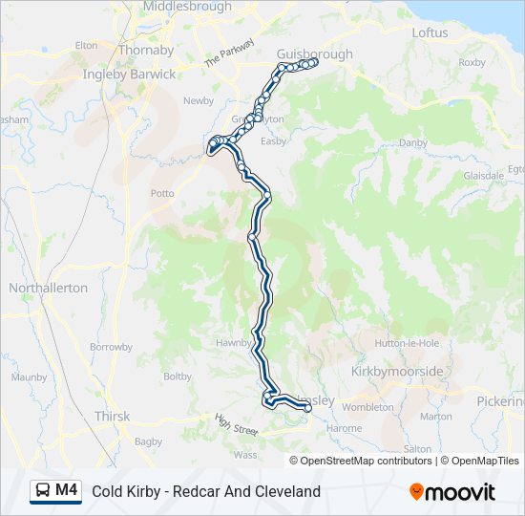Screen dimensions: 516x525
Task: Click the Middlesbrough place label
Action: click(x=186, y=7)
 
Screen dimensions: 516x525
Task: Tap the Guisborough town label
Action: click(x=314, y=54)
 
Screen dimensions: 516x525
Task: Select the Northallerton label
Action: click(x=48, y=288)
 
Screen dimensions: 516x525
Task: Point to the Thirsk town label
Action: click(x=112, y=417)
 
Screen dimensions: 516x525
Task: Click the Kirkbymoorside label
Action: click(x=398, y=371)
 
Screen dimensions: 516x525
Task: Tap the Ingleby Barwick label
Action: click(x=129, y=75)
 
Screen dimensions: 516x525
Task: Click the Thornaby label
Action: click(x=146, y=50)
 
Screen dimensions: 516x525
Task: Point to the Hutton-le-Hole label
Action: click(x=407, y=343)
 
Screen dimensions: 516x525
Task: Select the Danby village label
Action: click(x=413, y=142)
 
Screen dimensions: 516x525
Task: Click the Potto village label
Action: click(x=162, y=193)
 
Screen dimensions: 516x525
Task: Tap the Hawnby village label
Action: click(x=232, y=343)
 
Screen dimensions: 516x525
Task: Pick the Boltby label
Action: click(x=178, y=376)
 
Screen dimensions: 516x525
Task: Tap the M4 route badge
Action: click(x=67, y=490)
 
